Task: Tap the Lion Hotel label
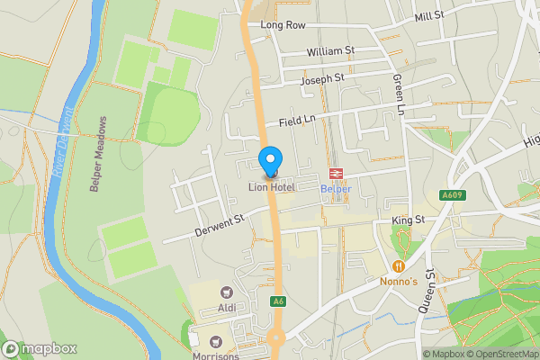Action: click(x=272, y=187)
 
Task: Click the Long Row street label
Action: click(x=283, y=25)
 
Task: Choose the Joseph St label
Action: click(x=322, y=79)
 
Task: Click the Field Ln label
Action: click(x=298, y=120)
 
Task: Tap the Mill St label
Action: click(x=430, y=16)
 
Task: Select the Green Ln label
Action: click(x=398, y=95)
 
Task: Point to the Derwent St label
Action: click(x=220, y=228)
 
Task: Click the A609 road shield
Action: click(x=452, y=195)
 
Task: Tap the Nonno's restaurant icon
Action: click(x=399, y=266)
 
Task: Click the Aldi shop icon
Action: click(x=225, y=292)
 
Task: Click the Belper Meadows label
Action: click(x=98, y=153)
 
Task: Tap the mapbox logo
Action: click(x=40, y=348)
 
